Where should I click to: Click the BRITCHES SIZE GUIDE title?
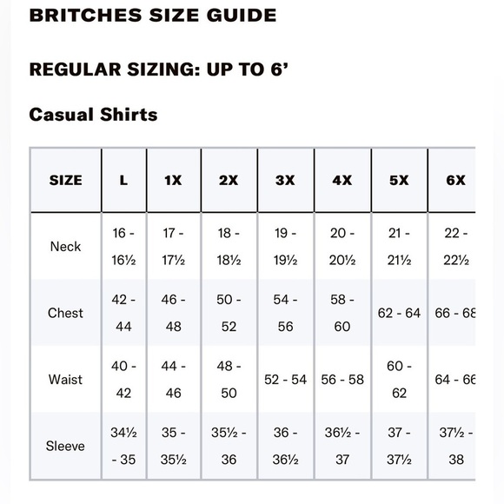click(153, 15)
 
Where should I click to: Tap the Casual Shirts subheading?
click(93, 114)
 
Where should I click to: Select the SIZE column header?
click(65, 181)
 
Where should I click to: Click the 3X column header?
click(285, 181)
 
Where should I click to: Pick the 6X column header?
click(455, 181)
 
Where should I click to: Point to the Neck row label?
click(65, 247)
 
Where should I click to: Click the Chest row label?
click(65, 313)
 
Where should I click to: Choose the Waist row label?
click(65, 380)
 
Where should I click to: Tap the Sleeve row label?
click(65, 446)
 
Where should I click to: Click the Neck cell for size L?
click(123, 247)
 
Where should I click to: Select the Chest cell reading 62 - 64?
click(399, 313)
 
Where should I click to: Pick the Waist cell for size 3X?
click(285, 380)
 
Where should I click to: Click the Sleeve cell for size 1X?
click(173, 446)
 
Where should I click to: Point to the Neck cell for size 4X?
click(342, 247)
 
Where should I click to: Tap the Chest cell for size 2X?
click(229, 313)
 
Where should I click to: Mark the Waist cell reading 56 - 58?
click(342, 380)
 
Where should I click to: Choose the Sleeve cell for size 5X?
click(399, 446)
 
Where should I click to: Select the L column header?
click(123, 181)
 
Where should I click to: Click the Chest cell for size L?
click(123, 313)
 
